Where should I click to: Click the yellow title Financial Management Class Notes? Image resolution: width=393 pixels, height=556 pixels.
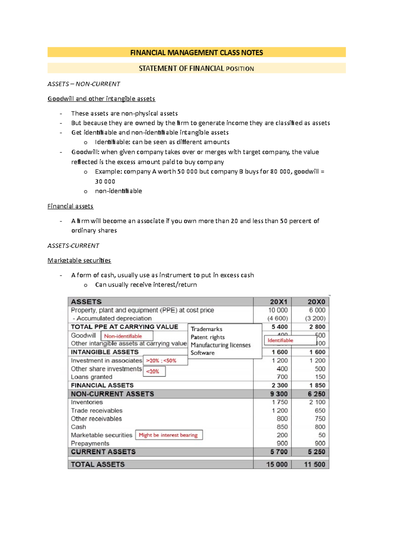coord(196,52)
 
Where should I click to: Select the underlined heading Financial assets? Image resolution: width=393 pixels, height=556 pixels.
coord(70,206)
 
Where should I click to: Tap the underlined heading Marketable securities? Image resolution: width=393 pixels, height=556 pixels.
coord(79,260)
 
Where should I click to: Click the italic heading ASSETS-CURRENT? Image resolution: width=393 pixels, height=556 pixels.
coord(73,246)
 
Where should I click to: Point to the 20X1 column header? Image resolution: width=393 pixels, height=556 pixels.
coord(278,302)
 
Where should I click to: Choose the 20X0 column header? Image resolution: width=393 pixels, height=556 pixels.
coord(316,302)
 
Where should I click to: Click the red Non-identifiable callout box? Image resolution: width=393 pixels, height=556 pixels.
coord(127,336)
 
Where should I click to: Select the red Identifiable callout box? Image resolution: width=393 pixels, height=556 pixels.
coord(290,340)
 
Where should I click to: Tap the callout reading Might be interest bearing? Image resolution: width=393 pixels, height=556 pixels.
coord(169,435)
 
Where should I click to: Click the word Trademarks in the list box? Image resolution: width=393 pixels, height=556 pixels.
coord(206,329)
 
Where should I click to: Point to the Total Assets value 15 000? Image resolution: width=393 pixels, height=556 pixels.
coord(277,464)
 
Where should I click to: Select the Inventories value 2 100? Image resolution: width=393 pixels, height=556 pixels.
coord(317,402)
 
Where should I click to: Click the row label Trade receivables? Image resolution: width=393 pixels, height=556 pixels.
coord(97,411)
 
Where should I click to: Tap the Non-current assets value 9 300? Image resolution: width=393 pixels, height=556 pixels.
coord(279,394)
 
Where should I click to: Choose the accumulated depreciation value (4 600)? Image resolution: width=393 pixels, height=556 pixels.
coord(277,318)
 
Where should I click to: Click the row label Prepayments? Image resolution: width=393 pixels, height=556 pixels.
coord(90,443)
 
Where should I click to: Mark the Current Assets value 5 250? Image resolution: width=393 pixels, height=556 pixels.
coord(316,452)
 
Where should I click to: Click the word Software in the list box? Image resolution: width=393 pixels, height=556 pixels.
coord(202,353)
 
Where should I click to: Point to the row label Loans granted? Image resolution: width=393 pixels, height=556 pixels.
coord(91,377)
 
